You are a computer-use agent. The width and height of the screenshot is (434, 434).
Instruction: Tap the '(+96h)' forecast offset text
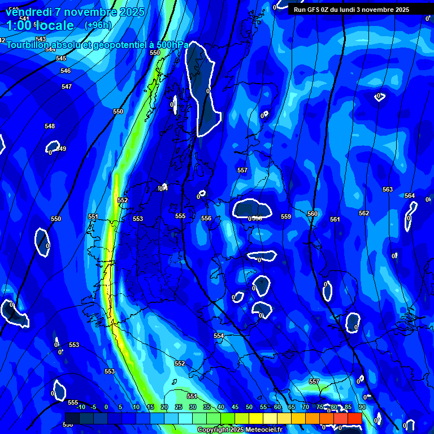tap(98, 25)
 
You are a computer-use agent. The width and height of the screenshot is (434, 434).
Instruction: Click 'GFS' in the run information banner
tap(314, 10)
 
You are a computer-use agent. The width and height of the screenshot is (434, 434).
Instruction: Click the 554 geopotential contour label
tap(219, 336)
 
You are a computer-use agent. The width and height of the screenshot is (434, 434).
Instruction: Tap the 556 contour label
tap(206, 218)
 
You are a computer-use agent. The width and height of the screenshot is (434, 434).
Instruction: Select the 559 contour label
tap(285, 216)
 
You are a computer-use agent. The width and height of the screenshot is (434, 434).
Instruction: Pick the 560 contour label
tap(312, 214)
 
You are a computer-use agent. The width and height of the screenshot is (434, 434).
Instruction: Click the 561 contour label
tap(335, 219)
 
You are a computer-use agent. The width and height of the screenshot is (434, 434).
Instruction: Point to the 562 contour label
tap(364, 213)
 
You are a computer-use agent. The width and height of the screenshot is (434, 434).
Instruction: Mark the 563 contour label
tap(387, 189)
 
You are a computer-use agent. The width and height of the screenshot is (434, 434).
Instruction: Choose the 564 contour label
tap(409, 196)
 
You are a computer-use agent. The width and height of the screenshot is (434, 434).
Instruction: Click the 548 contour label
tap(50, 126)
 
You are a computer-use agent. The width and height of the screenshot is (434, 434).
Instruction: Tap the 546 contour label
tap(66, 71)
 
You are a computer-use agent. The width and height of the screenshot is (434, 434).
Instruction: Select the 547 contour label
tap(67, 86)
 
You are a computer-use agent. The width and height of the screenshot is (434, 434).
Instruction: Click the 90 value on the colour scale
tap(362, 407)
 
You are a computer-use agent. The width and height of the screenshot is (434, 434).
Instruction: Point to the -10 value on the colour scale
tap(80, 407)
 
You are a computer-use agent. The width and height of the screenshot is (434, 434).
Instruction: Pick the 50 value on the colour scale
tap(249, 407)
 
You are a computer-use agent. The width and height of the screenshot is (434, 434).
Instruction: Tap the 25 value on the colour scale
tap(179, 407)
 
